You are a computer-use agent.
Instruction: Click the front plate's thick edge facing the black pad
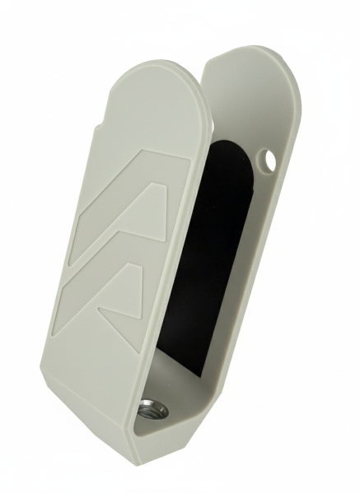[x=177, y=247]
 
